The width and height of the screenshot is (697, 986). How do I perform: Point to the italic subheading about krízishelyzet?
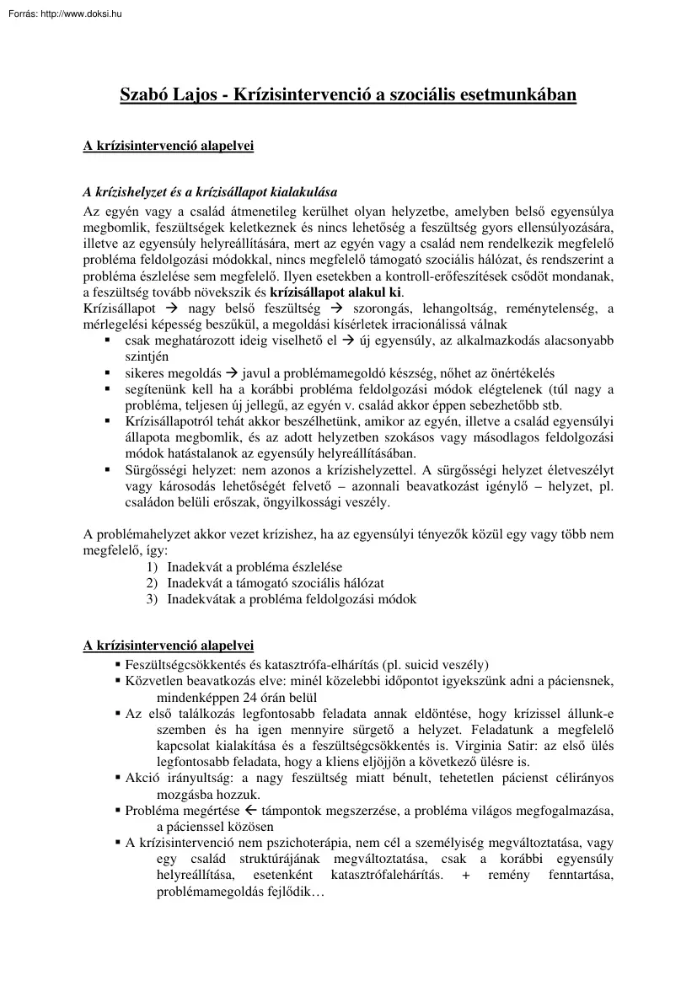click(x=210, y=191)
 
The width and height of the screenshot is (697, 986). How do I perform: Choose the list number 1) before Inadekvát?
click(x=152, y=567)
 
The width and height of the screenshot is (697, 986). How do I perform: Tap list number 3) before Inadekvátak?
click(x=152, y=599)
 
